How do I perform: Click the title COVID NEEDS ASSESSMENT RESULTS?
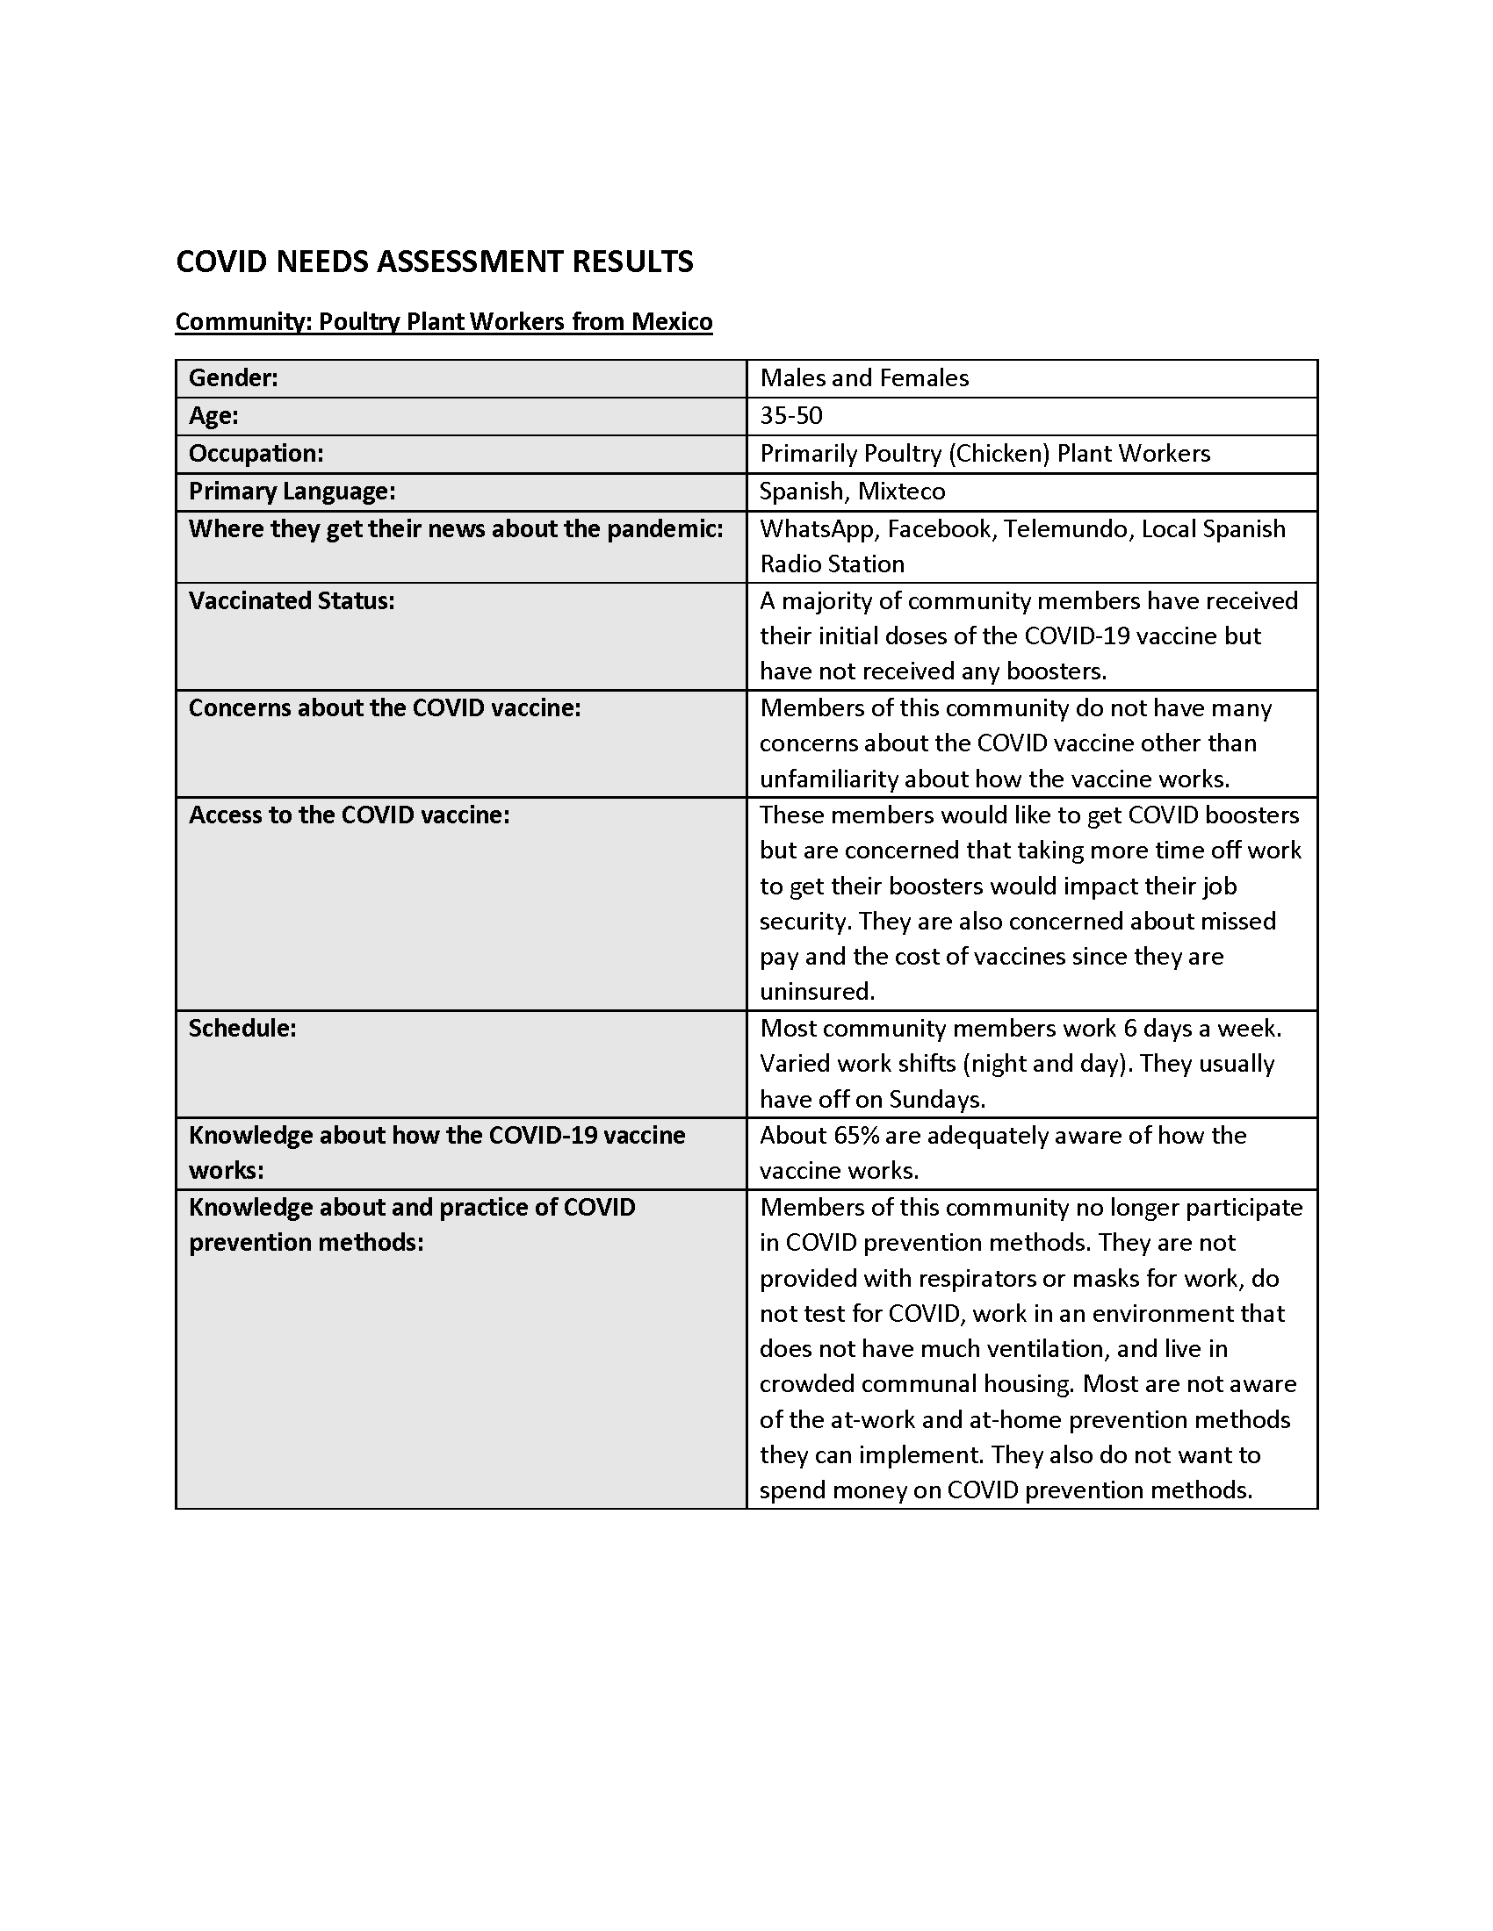[x=434, y=262]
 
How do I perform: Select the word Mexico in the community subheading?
[x=671, y=321]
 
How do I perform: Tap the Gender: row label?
[x=234, y=378]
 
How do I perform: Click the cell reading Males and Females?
[x=864, y=378]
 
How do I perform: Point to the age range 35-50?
[x=790, y=415]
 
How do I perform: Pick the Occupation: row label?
[x=256, y=454]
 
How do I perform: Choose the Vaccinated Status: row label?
[x=292, y=601]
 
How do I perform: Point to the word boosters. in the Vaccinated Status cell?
[x=1057, y=671]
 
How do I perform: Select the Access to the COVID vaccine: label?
[x=350, y=815]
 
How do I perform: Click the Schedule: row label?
[x=242, y=1029]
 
